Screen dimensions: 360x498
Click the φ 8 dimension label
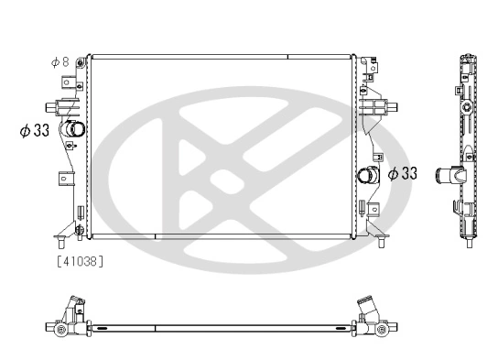(60, 62)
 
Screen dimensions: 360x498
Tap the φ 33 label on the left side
(34, 130)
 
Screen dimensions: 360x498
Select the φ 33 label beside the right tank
(403, 172)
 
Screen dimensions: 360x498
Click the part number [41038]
(81, 261)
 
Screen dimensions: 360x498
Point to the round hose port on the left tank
(77, 129)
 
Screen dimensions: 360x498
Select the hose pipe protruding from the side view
(448, 174)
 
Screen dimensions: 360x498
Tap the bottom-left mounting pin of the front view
(61, 243)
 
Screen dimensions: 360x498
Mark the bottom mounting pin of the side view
(468, 243)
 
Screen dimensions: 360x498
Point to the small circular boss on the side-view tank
(468, 112)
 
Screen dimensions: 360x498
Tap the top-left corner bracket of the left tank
(82, 63)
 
